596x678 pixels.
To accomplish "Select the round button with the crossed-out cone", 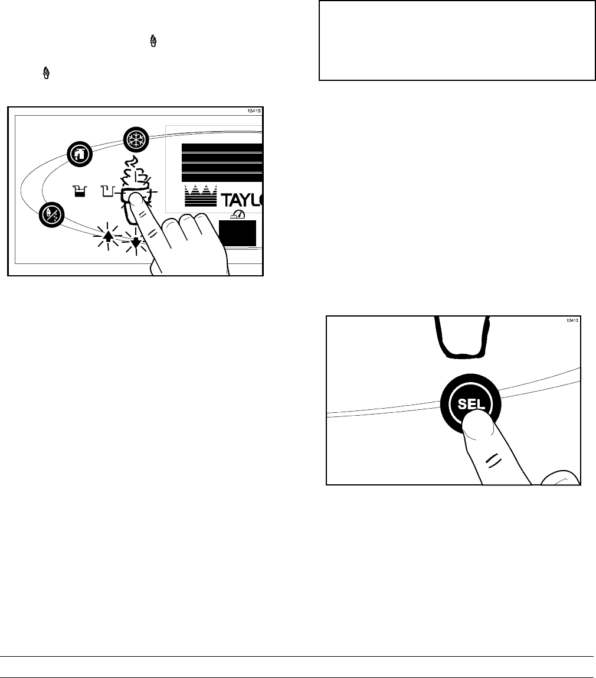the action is [x=50, y=213].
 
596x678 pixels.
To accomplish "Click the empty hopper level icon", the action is [x=107, y=190].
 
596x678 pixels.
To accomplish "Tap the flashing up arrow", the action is [x=107, y=237].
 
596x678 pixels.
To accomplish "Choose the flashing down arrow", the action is [x=136, y=241].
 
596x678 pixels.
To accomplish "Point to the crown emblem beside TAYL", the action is [x=200, y=195].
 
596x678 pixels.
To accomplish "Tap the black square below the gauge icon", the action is [x=237, y=233].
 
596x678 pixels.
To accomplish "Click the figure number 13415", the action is [x=254, y=110].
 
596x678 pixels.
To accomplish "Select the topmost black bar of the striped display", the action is [x=221, y=148].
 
